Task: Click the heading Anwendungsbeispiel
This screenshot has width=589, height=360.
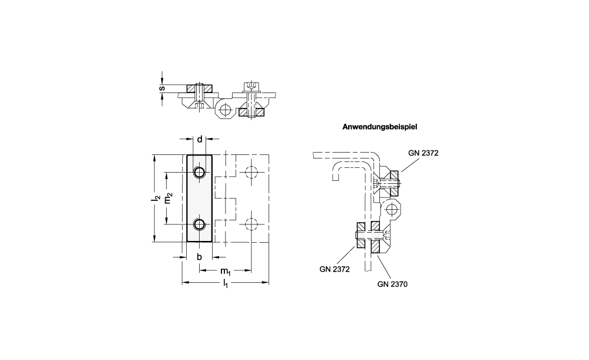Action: (x=379, y=127)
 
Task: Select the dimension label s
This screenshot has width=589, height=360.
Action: (x=162, y=88)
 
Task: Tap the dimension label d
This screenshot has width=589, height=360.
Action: (x=200, y=140)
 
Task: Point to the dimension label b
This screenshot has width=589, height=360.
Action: (x=200, y=257)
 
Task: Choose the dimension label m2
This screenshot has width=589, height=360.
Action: (x=168, y=198)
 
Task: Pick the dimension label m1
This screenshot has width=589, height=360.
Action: (x=226, y=271)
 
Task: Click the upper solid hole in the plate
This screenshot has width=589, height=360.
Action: (x=199, y=172)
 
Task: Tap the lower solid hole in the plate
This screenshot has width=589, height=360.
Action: (x=199, y=224)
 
